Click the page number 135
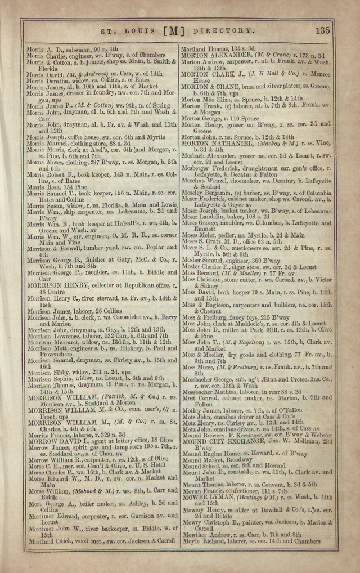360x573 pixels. [x=323, y=30]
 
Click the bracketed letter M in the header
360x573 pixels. [x=173, y=31]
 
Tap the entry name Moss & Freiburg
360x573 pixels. [x=208, y=317]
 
